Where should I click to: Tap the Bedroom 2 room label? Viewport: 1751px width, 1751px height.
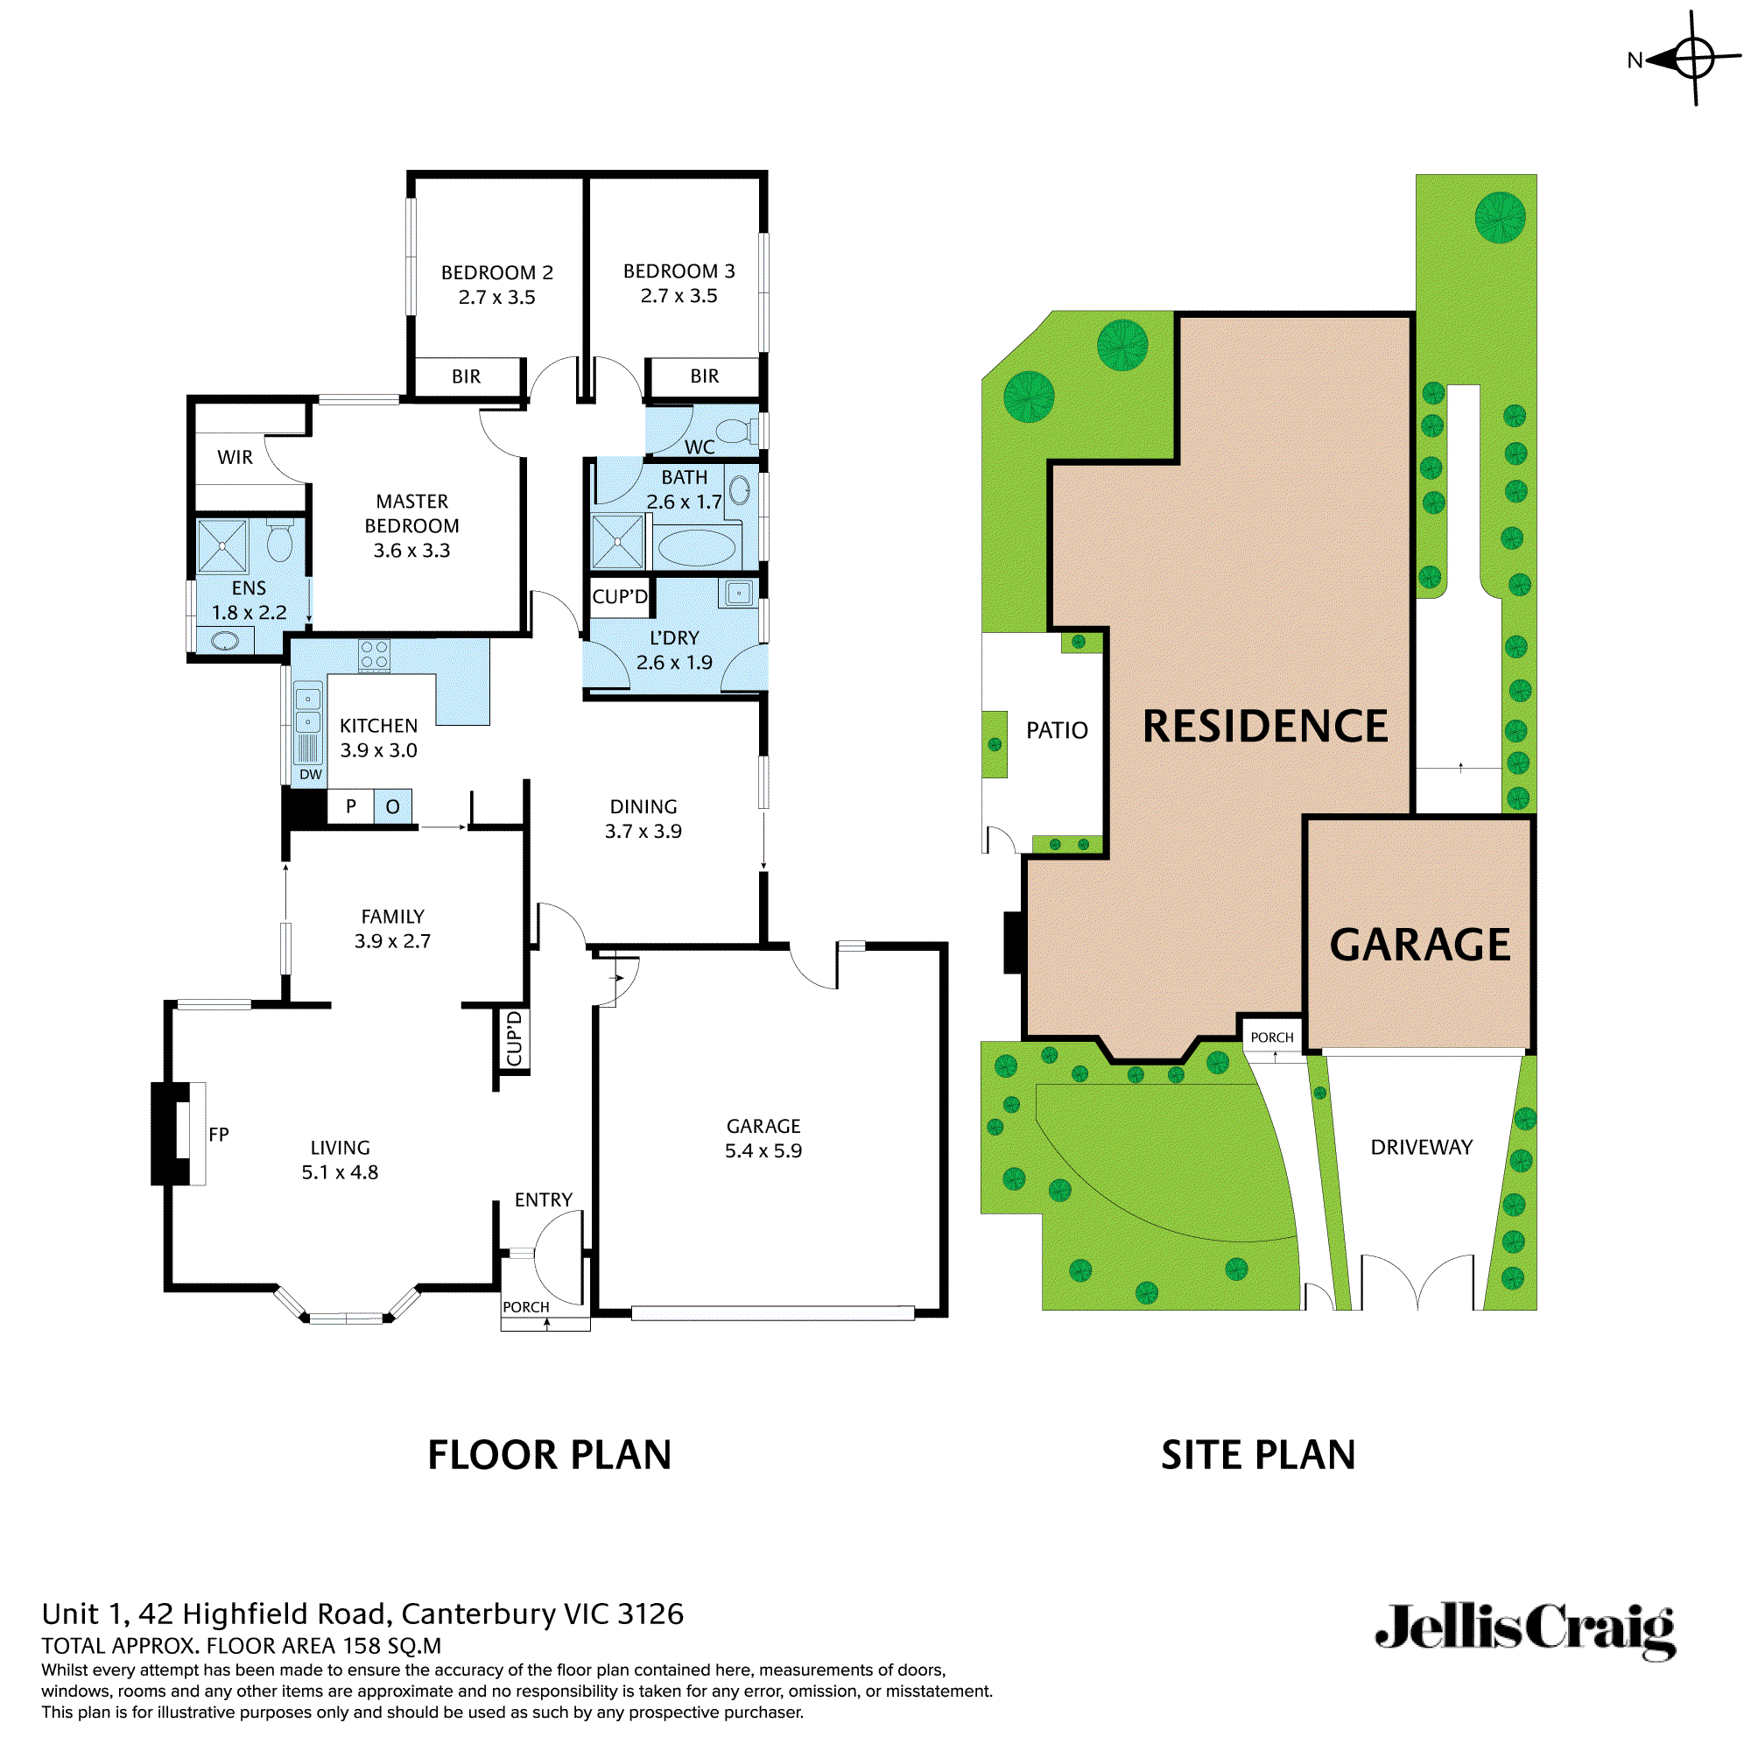496,272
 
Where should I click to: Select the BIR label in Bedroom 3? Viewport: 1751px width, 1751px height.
704,376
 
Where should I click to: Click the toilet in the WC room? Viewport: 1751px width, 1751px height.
736,431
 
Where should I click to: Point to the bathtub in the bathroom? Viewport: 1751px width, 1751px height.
696,547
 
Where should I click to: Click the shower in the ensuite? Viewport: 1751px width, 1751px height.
222,546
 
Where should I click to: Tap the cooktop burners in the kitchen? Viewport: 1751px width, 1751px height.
375,655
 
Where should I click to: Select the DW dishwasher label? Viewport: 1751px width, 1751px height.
311,775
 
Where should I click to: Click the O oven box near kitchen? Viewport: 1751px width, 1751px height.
392,806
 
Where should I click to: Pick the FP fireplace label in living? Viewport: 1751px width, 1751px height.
218,1135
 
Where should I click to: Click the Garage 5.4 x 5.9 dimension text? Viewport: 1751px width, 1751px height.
763,1151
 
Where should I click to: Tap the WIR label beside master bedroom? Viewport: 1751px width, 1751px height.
235,458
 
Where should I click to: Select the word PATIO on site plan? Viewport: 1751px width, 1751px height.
1057,730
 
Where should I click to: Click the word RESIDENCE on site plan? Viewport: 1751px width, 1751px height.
1265,727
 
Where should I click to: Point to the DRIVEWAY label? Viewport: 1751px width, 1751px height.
1421,1148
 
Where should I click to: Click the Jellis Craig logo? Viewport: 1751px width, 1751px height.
1525,1630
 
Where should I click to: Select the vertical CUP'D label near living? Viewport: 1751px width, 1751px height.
514,1039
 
